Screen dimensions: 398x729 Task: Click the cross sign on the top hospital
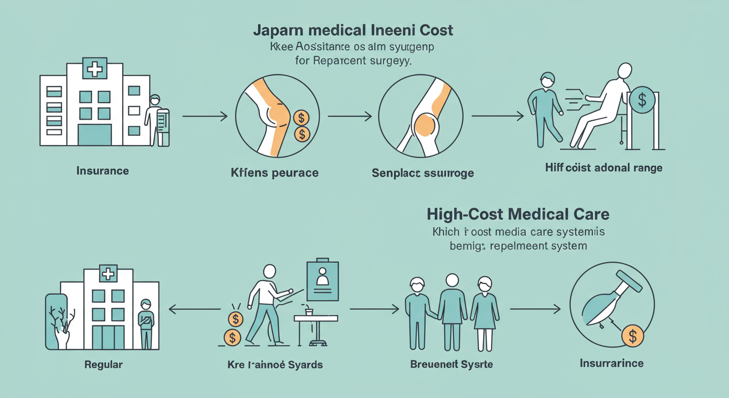click(94, 69)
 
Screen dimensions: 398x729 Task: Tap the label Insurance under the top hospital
click(103, 170)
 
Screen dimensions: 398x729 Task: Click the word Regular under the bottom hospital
click(104, 364)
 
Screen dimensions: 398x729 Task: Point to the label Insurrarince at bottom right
click(611, 363)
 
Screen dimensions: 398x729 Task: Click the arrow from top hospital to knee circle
click(205, 117)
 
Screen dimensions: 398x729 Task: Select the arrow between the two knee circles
click(349, 117)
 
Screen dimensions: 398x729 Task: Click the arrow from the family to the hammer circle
click(535, 309)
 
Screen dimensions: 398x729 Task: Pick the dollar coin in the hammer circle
click(632, 336)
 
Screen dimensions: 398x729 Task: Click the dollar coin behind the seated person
click(643, 99)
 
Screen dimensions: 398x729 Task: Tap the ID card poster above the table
click(323, 280)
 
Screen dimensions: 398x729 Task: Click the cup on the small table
click(309, 312)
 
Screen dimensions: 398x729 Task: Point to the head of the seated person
click(625, 70)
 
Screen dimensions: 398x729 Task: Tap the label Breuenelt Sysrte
click(451, 364)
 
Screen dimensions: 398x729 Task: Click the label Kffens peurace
click(274, 173)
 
